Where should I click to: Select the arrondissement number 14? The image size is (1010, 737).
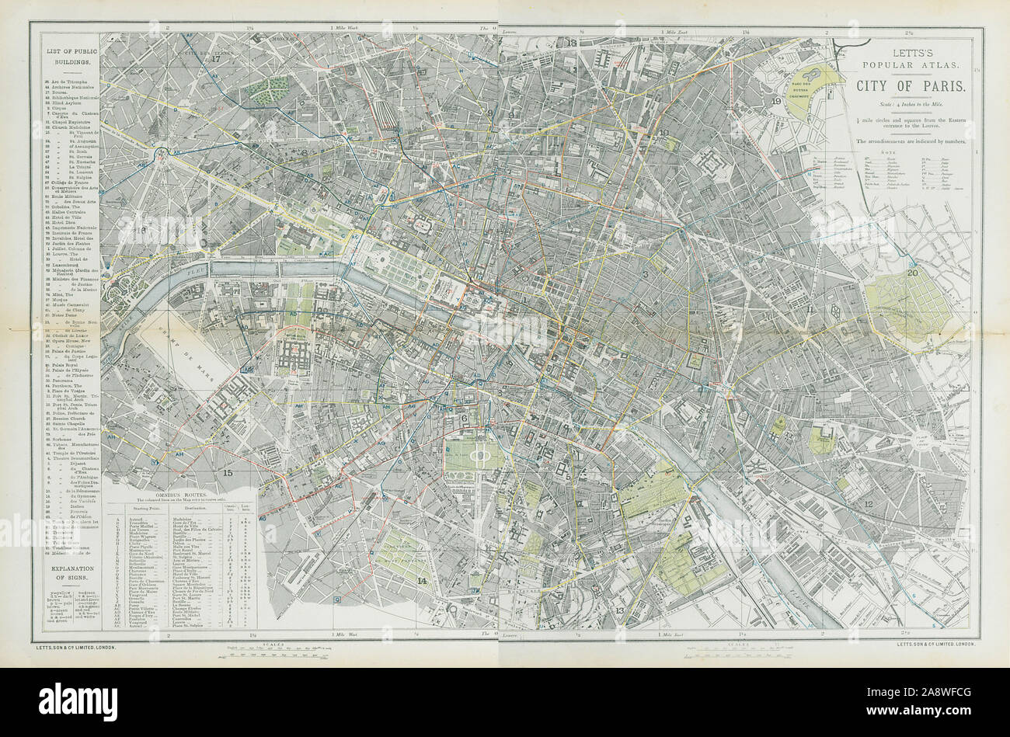pos(422,580)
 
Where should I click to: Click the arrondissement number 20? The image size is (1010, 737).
pos(912,273)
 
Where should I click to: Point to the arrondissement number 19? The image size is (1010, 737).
pos(775,101)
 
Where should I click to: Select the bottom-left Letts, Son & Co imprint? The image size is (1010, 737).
pos(74,646)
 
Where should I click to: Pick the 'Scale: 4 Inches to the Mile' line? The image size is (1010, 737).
pos(911,104)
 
